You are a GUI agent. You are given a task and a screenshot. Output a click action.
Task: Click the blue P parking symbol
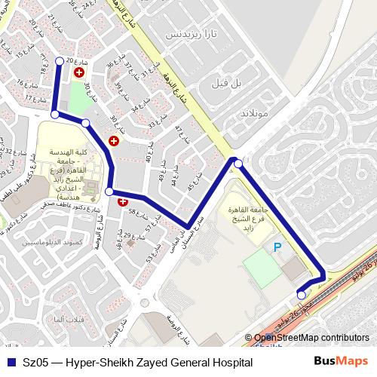pos(277,247)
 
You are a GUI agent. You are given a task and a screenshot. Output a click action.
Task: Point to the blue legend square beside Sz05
pos(11,363)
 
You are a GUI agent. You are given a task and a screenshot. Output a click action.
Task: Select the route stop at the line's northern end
pos(60,60)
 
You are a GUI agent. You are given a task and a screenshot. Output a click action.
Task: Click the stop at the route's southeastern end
pos(302,296)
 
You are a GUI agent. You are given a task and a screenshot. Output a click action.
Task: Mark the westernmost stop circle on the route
pos(54,114)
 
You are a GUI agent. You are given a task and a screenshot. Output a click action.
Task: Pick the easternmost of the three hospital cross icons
pos(123,201)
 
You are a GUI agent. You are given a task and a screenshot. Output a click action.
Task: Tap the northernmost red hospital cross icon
pos(79,72)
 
